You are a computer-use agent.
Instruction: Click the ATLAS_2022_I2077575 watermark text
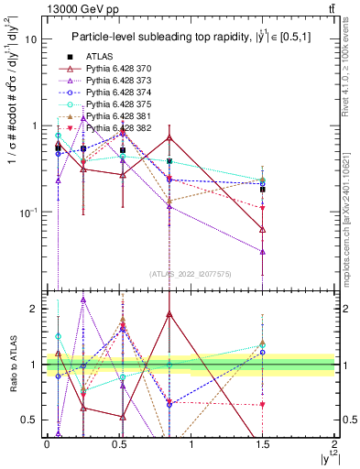click(191, 273)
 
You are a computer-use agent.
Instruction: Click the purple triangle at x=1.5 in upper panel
click(263, 251)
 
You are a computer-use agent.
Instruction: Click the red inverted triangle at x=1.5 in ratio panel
click(263, 404)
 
